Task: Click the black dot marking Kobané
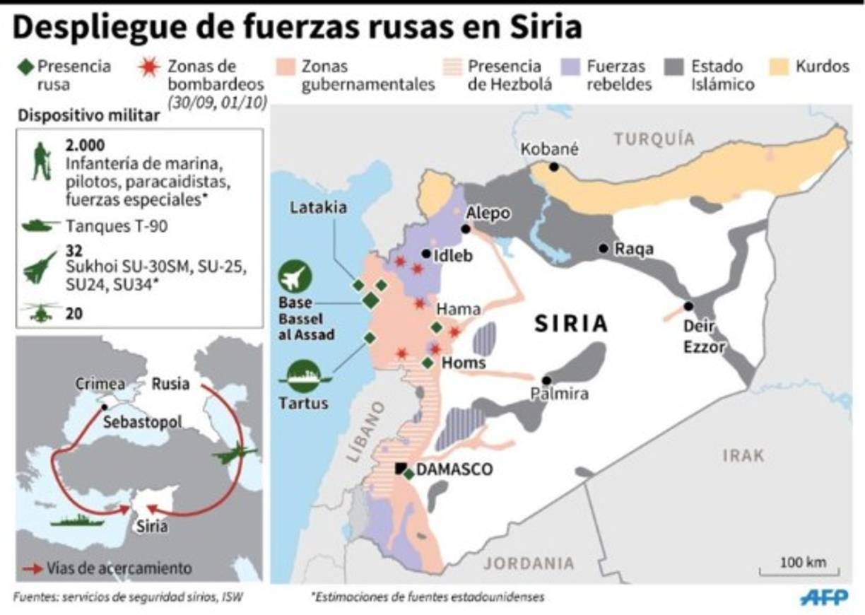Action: [554, 167]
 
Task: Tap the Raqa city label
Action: [634, 249]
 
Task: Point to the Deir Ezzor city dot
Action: [688, 306]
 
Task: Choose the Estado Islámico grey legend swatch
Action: [675, 67]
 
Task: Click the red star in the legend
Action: [149, 67]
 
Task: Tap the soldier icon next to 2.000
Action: [42, 162]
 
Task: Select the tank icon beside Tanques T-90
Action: [41, 226]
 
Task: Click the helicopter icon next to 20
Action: [41, 312]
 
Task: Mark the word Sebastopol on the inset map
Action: [142, 422]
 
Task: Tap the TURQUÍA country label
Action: [654, 139]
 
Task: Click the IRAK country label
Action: [743, 456]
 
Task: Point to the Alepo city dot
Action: [466, 229]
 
